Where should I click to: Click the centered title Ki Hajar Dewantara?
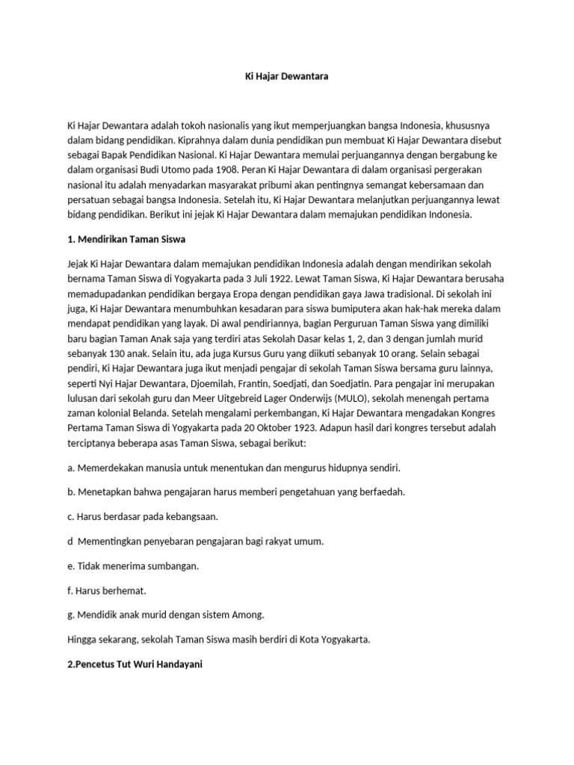click(288, 77)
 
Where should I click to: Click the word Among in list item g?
click(247, 615)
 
